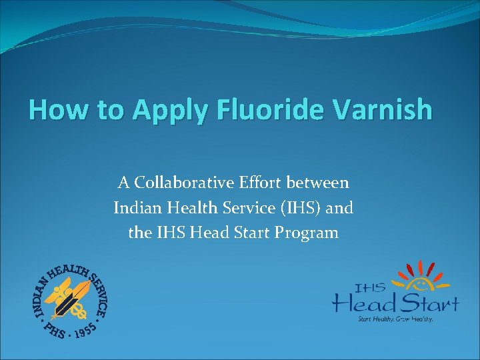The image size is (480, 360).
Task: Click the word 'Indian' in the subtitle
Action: (x=135, y=208)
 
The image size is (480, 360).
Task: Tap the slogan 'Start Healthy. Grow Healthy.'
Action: (x=396, y=319)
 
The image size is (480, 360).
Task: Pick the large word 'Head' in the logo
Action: (x=363, y=304)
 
